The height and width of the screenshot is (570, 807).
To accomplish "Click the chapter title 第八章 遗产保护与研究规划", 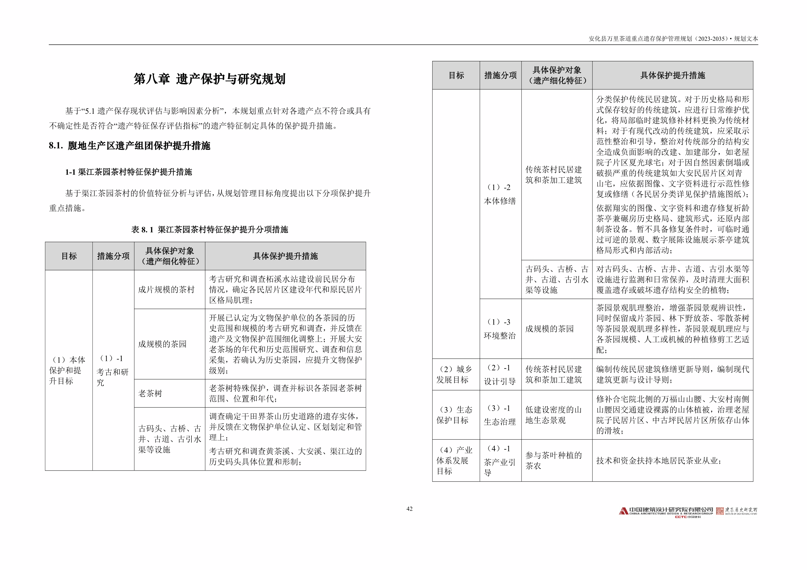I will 210,79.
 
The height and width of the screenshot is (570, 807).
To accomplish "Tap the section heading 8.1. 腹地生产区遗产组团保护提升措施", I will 129,146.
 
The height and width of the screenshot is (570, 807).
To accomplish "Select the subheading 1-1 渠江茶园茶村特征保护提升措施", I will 129,172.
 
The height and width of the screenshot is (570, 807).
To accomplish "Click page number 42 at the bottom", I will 409,509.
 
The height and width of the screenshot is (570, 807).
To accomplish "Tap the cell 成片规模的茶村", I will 166,290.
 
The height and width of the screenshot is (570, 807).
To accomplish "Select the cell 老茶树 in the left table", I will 150,393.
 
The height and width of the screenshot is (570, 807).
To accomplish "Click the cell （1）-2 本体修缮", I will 500,194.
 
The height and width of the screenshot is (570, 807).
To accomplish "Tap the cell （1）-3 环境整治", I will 500,329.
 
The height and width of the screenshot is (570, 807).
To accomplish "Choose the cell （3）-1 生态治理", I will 500,415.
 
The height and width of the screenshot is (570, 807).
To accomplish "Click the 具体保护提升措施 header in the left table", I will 285,256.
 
